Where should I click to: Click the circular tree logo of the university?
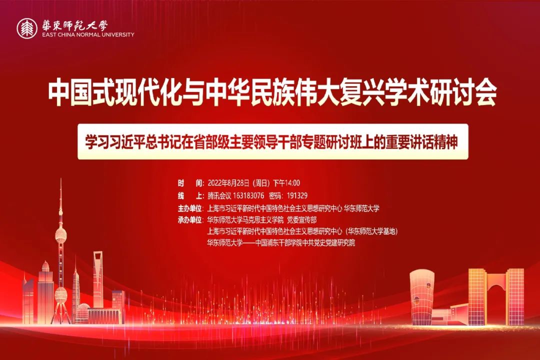pos(27,28)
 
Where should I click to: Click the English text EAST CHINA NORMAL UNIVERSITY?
pos(88,35)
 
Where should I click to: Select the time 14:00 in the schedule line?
pos(292,183)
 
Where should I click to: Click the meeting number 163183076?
pos(248,195)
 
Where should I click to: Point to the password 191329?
pos(297,195)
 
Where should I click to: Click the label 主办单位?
pos(190,208)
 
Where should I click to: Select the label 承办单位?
pos(190,220)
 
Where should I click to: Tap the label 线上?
pos(190,195)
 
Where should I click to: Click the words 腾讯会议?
pos(219,195)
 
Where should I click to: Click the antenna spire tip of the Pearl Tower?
pos(61,179)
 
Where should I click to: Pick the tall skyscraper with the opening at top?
pos(98,279)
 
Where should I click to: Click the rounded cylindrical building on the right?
pos(422,297)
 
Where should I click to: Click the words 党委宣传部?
pos(302,220)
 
